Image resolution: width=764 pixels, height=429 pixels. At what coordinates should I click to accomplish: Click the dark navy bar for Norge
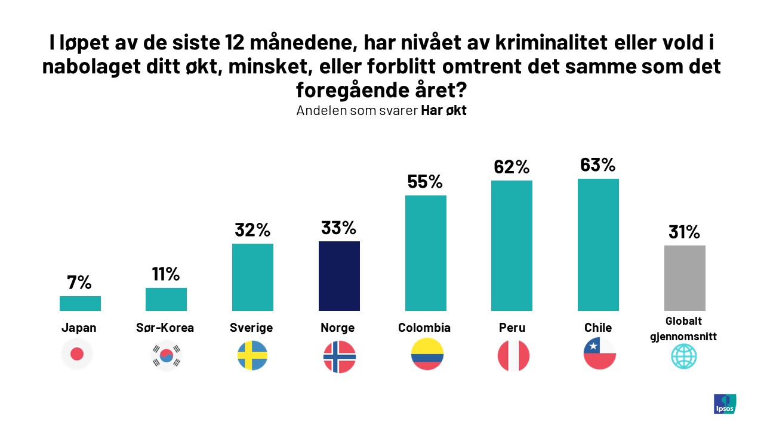point(339,276)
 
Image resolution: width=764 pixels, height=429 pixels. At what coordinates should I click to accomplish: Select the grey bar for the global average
point(685,278)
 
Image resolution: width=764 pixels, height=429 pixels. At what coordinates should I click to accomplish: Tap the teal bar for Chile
point(598,244)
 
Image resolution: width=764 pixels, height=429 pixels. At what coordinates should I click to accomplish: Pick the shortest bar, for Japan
point(80,303)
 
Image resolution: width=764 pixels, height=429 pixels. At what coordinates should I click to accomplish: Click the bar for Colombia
point(426,253)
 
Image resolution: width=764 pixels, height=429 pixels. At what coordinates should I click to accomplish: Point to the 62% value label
point(512,167)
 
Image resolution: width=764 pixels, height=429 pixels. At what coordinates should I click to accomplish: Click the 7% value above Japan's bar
point(80,282)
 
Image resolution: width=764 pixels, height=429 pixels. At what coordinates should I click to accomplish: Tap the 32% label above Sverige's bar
point(252,230)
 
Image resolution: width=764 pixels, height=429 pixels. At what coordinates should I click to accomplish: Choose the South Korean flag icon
point(166,356)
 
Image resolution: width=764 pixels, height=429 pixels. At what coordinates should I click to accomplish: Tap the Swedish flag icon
point(252,355)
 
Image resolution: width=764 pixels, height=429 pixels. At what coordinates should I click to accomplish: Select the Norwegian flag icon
point(339,356)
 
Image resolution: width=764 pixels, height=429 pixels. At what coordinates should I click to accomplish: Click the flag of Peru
point(513,356)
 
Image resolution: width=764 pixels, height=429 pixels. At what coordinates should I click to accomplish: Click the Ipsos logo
point(725,403)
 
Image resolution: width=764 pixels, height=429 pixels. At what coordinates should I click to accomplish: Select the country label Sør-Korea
point(166,328)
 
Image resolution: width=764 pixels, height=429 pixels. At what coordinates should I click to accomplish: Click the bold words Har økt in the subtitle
point(443,111)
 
